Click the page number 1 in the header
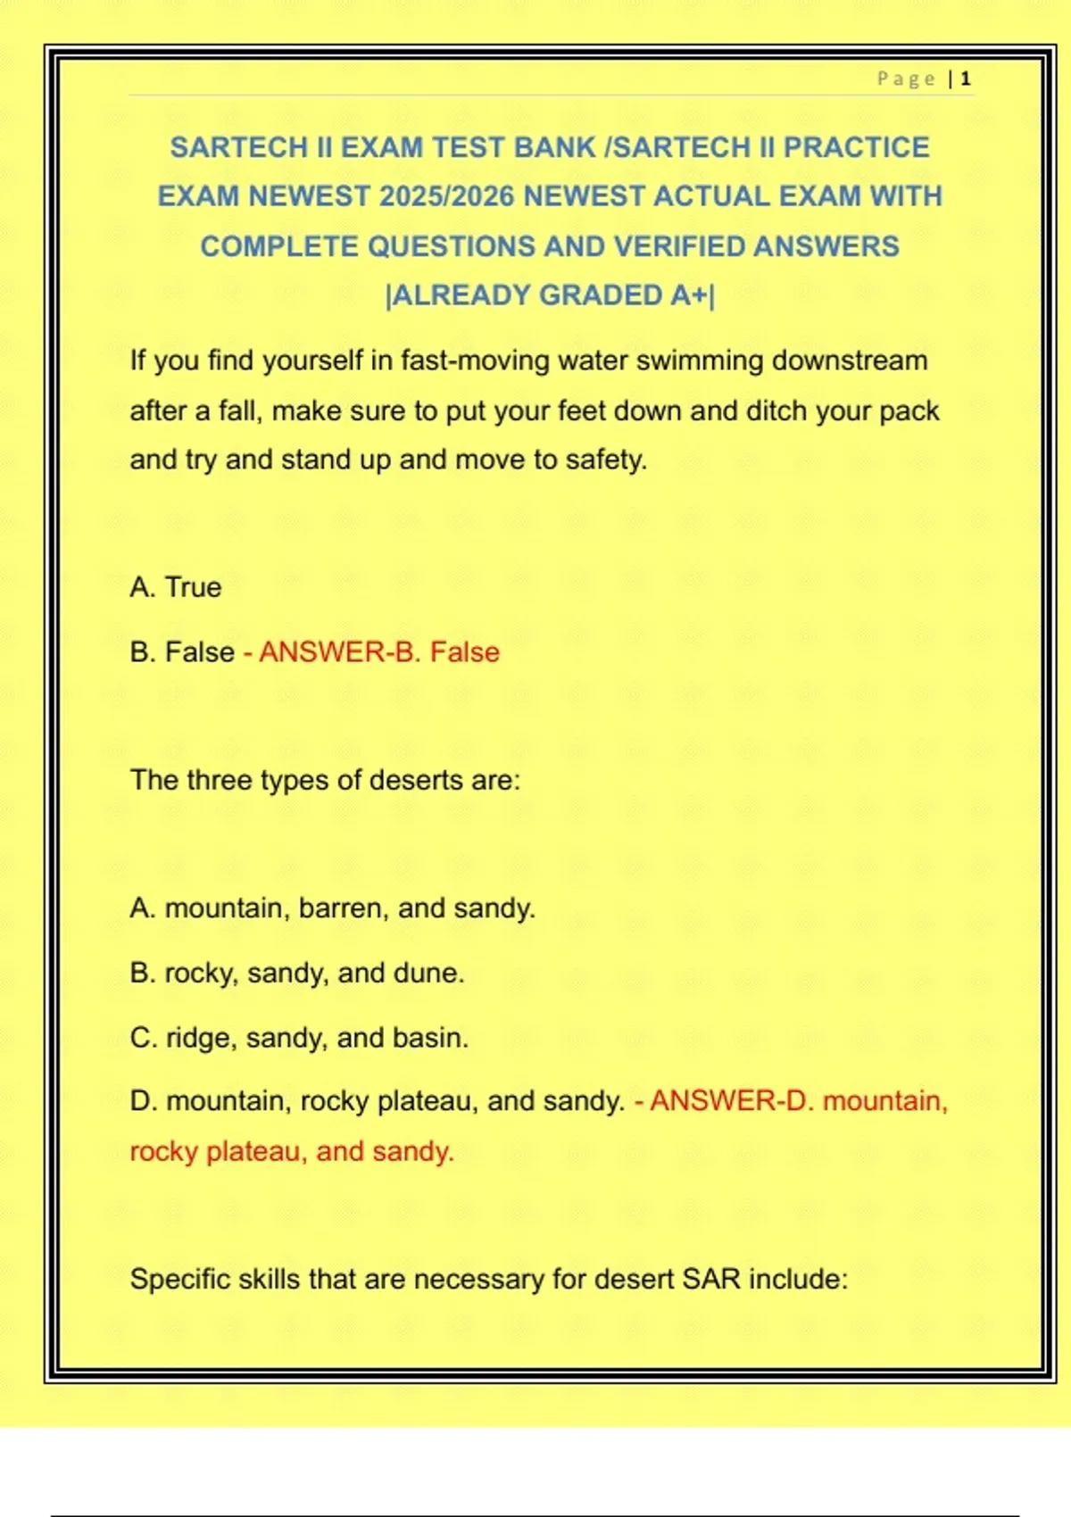(966, 79)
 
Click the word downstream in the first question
(850, 361)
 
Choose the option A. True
(176, 587)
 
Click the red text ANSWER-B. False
(379, 652)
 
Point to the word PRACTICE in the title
(856, 147)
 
